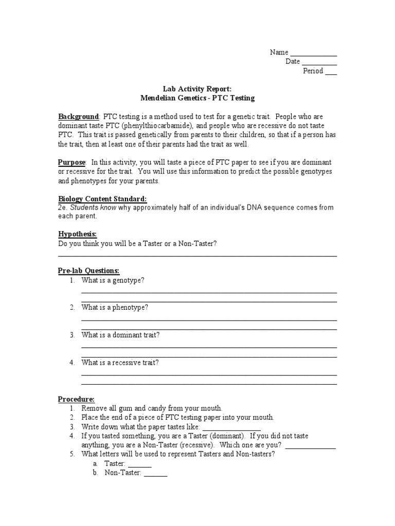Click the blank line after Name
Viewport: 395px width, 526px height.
tap(313, 53)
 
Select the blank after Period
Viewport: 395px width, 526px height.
tap(331, 72)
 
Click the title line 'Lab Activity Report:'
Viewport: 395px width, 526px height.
tap(197, 89)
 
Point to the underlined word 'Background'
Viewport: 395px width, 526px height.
tap(78, 117)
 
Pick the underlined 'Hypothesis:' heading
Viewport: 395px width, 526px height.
tap(77, 234)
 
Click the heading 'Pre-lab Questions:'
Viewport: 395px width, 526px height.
tap(88, 271)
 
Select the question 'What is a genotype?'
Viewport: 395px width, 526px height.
tap(113, 280)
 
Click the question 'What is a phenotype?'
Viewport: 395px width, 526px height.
tap(115, 307)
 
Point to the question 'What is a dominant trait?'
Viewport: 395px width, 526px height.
tap(120, 335)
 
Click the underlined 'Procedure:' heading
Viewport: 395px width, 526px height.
tap(76, 399)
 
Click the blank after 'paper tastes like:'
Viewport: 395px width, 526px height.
tap(231, 428)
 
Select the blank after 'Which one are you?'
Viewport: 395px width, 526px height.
tap(310, 446)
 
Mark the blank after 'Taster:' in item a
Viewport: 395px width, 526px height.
tap(140, 464)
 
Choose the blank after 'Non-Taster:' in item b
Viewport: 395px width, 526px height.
tap(155, 474)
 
